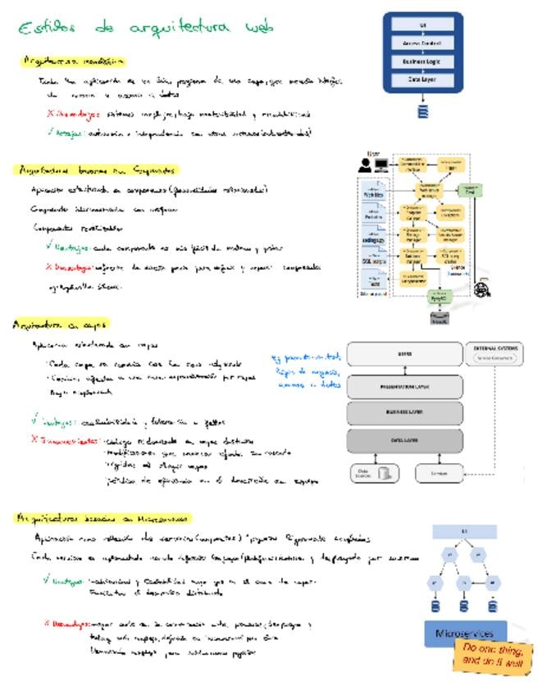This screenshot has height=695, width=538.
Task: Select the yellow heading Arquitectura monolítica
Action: point(74,61)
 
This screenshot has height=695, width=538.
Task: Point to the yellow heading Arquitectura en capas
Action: point(62,324)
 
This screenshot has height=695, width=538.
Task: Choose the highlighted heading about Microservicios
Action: point(103,517)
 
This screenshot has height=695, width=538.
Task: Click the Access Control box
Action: point(423,43)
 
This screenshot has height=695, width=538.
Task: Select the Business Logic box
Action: point(423,61)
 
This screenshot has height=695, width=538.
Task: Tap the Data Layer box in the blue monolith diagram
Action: point(423,79)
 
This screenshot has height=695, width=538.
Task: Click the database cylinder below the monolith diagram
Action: point(423,111)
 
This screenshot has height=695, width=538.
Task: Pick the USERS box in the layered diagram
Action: point(404,354)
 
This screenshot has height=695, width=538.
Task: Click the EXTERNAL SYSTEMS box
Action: point(495,353)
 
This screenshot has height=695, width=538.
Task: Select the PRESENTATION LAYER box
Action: point(404,385)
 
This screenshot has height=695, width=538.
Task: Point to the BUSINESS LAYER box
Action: point(404,412)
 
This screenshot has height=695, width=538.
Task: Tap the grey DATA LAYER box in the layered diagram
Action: point(404,441)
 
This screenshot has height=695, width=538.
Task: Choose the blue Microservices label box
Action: point(465,634)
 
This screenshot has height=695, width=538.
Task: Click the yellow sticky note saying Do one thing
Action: point(493,656)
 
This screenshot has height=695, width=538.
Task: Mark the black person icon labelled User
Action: point(365,165)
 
